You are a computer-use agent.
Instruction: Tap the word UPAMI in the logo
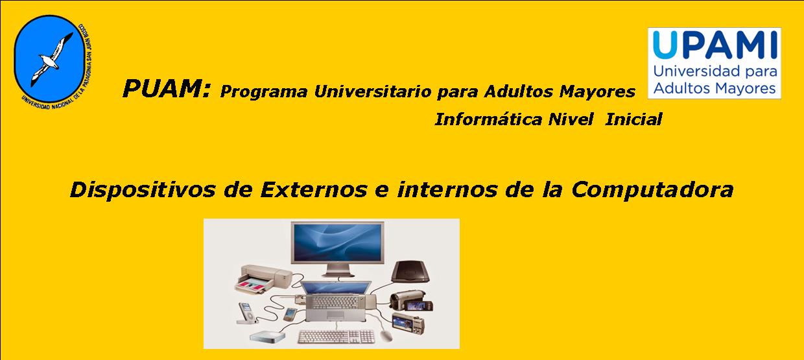(x=715, y=45)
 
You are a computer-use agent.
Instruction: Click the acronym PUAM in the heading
(x=163, y=89)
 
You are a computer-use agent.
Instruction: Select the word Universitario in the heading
(x=372, y=91)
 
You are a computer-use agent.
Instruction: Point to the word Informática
(x=488, y=119)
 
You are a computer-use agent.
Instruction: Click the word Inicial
(x=633, y=119)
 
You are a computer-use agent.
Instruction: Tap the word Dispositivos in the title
(x=143, y=189)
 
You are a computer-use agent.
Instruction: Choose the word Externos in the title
(x=314, y=189)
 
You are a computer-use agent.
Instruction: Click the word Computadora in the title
(x=652, y=189)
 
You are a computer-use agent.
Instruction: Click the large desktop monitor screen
(x=337, y=243)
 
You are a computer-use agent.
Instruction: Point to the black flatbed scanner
(x=410, y=272)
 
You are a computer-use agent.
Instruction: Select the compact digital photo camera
(x=408, y=323)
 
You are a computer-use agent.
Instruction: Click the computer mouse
(x=386, y=335)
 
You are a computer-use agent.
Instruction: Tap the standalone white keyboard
(x=337, y=337)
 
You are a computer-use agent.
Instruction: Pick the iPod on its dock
(x=246, y=313)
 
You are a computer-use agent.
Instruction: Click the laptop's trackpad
(x=336, y=315)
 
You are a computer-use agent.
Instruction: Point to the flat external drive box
(x=267, y=336)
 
